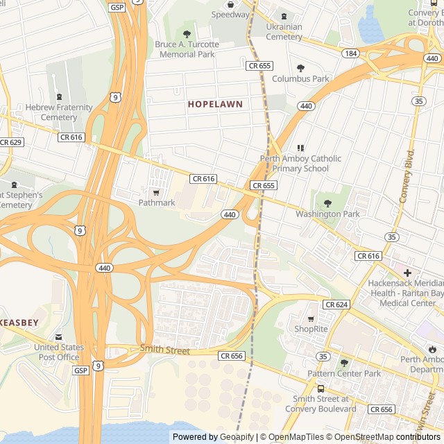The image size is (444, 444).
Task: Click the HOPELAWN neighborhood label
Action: point(215,104)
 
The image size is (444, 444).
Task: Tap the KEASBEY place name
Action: point(14,323)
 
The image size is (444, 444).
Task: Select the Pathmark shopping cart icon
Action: point(156,192)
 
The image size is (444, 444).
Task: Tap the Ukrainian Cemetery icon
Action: point(283,16)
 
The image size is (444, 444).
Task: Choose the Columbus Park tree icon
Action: point(300,68)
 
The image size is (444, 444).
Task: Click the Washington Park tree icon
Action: point(327,203)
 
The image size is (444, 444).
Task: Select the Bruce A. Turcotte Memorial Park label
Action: point(187,49)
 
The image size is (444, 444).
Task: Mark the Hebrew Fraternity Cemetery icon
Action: point(58,96)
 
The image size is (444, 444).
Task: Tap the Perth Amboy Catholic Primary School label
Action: point(300,163)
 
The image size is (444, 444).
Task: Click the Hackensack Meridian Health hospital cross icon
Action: point(407,273)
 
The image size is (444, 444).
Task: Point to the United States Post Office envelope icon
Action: point(58,336)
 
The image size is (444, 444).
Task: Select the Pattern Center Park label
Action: point(344,374)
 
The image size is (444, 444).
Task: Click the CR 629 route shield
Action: point(11,142)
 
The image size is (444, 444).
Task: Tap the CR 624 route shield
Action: point(336,305)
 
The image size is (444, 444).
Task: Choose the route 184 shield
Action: point(350,53)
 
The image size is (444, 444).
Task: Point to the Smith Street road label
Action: point(164,350)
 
